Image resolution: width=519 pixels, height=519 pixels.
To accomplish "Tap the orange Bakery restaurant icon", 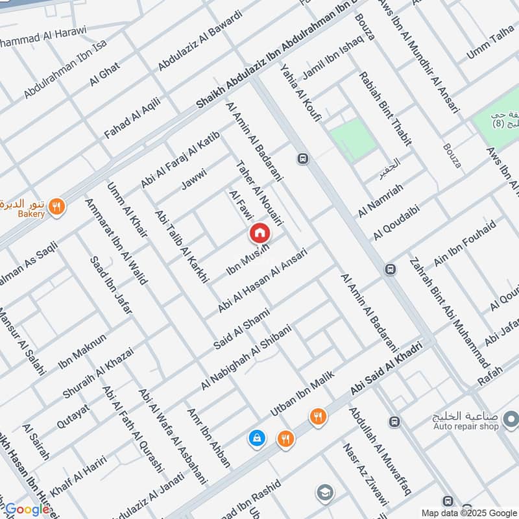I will coord(57,207).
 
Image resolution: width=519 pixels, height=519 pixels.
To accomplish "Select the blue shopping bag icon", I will coord(257,439).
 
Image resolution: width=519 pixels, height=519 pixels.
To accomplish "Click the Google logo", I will coord(27,509).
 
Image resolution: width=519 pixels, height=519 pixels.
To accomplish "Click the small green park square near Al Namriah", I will coord(352,141).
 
